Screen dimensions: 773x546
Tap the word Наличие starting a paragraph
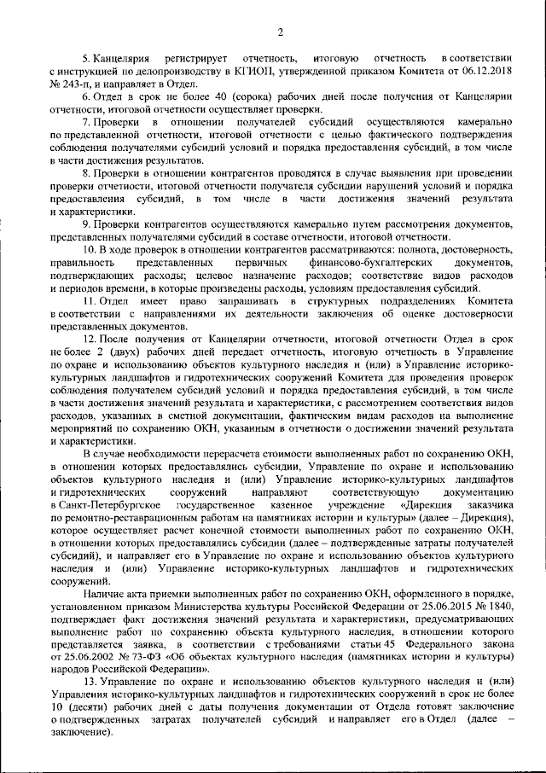[x=103, y=594]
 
